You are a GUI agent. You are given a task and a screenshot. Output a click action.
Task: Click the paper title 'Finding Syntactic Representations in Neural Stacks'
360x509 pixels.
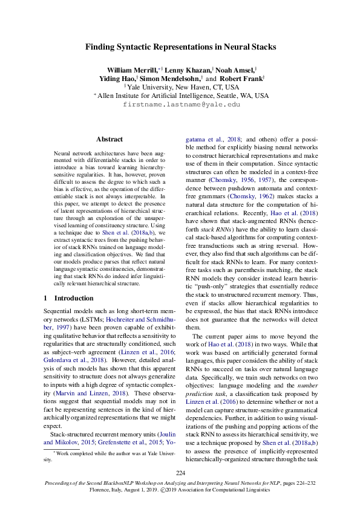(x=180, y=47)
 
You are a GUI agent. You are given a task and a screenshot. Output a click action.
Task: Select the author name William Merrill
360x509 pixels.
(x=129, y=70)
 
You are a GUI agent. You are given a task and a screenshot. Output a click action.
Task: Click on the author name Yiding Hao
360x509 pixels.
(x=118, y=79)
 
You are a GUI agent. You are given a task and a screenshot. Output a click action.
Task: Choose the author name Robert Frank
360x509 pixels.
(x=241, y=79)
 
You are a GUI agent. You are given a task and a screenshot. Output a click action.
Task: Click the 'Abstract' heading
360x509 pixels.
(x=110, y=138)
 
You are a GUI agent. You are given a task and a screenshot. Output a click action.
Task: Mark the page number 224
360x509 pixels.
(x=180, y=473)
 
